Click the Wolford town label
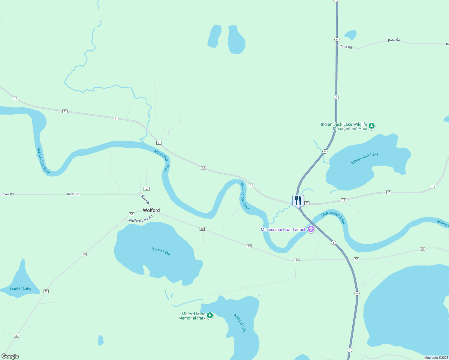[x=151, y=210]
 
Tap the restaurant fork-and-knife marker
[x=298, y=200]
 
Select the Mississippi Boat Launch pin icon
[x=311, y=229]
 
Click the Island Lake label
[x=161, y=251]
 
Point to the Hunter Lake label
[x=20, y=289]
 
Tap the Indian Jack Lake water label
[x=365, y=158]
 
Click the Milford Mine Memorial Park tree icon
[x=210, y=315]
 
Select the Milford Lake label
[x=240, y=324]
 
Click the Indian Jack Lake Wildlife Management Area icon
[x=372, y=126]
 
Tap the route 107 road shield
[x=146, y=189]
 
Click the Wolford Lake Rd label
[x=141, y=219]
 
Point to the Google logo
[x=10, y=356]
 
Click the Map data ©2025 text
[x=436, y=358]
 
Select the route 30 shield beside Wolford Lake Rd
[x=131, y=214]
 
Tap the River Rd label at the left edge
[x=8, y=194]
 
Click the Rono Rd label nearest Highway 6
[x=345, y=47]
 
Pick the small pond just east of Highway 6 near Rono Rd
[x=351, y=35]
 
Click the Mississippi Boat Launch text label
[x=283, y=230]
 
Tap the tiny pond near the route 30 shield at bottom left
[x=101, y=340]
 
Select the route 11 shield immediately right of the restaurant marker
[x=307, y=203]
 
